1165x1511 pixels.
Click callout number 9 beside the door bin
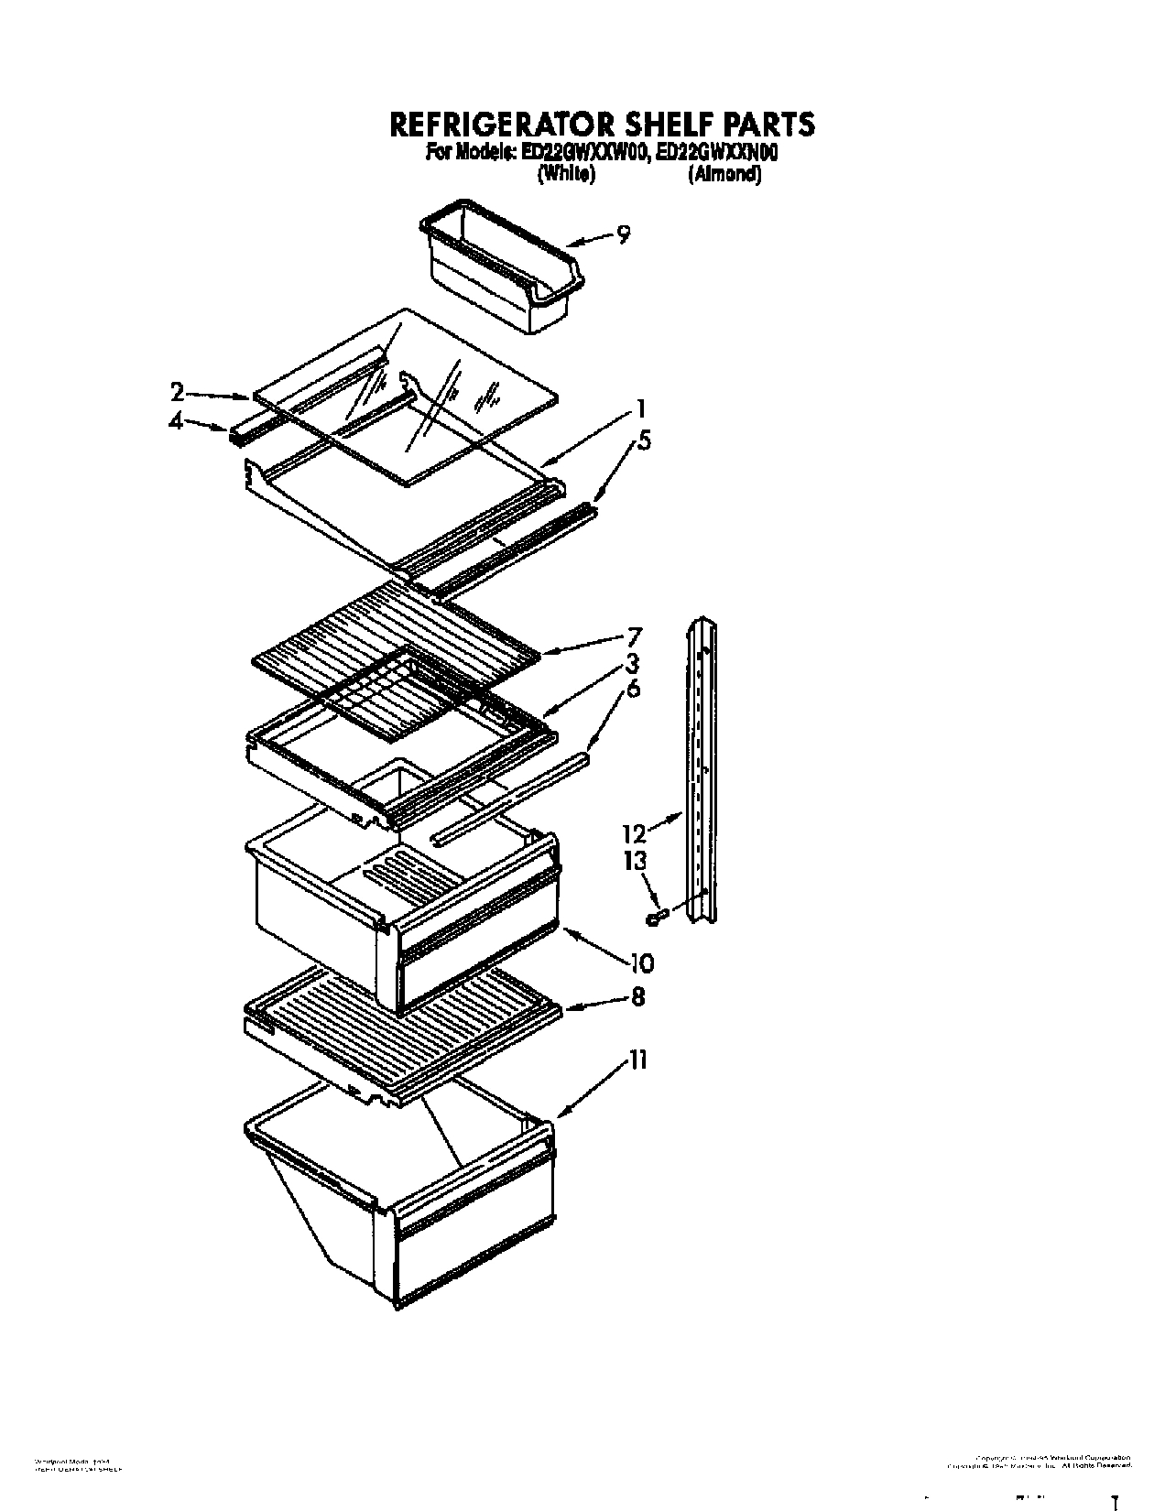[623, 235]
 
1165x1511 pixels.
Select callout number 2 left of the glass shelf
[178, 393]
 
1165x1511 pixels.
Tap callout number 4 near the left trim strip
[178, 421]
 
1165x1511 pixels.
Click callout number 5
[645, 440]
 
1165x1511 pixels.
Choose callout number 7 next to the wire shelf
[633, 636]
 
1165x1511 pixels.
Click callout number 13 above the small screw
[635, 861]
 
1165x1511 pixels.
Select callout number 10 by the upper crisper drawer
[641, 962]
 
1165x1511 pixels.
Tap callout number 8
[637, 996]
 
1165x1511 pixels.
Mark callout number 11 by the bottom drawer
[638, 1060]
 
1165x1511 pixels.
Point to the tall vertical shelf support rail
[703, 769]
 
